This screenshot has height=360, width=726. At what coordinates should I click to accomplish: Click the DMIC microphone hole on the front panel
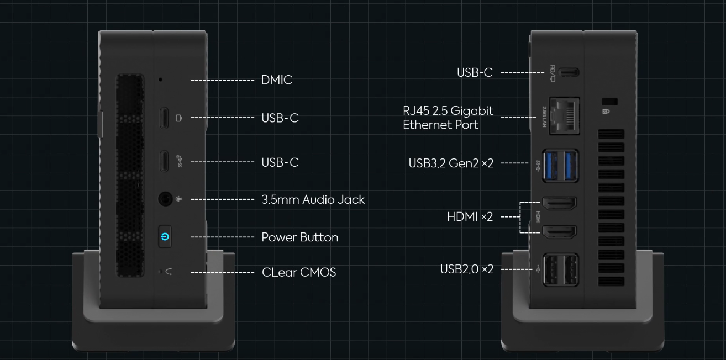160,80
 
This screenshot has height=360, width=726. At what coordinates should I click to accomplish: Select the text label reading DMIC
276,80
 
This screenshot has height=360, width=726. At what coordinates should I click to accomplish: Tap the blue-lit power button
165,237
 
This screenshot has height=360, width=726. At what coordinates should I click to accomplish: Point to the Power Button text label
299,237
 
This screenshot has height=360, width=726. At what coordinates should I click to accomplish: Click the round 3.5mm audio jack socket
165,199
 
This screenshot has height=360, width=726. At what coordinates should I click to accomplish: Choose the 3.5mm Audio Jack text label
313,199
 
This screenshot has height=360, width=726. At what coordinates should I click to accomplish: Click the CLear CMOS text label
298,272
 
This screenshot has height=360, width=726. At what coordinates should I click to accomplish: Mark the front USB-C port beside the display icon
164,118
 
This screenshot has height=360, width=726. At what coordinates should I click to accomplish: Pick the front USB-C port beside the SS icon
164,161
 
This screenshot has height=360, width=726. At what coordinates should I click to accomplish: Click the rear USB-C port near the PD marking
569,72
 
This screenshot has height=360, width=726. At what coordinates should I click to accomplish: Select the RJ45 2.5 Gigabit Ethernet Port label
448,118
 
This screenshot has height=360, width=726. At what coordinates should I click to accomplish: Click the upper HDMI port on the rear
560,204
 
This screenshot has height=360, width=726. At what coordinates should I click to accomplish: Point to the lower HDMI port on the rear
560,232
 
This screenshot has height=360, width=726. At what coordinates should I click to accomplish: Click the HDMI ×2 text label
470,217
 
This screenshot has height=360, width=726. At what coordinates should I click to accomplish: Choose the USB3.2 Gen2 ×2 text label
450,163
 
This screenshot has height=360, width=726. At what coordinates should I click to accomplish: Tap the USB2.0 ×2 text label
466,269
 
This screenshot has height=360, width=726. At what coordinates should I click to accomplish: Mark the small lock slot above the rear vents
609,102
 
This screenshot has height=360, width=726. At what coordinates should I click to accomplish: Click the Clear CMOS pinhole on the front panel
161,271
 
